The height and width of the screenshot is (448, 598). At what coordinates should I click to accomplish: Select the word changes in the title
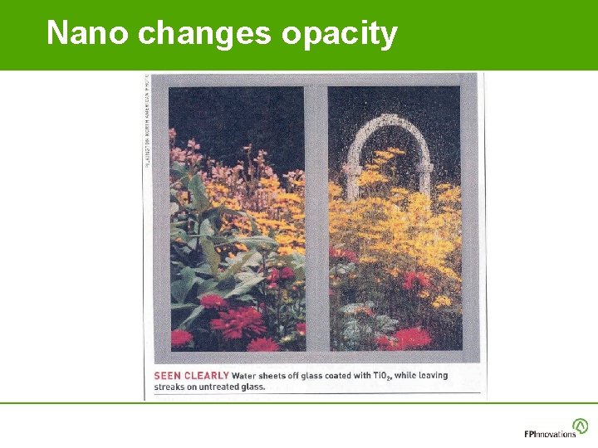205,34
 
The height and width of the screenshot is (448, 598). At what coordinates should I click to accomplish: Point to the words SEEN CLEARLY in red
191,376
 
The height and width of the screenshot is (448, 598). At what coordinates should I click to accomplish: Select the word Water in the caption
245,376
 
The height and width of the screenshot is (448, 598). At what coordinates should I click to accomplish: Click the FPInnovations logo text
549,434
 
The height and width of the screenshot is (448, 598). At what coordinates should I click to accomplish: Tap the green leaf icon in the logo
581,426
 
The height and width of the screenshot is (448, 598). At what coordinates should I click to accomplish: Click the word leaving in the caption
433,376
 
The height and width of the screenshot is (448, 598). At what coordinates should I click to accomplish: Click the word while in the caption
404,376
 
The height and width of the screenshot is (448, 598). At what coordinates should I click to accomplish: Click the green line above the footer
299,403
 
